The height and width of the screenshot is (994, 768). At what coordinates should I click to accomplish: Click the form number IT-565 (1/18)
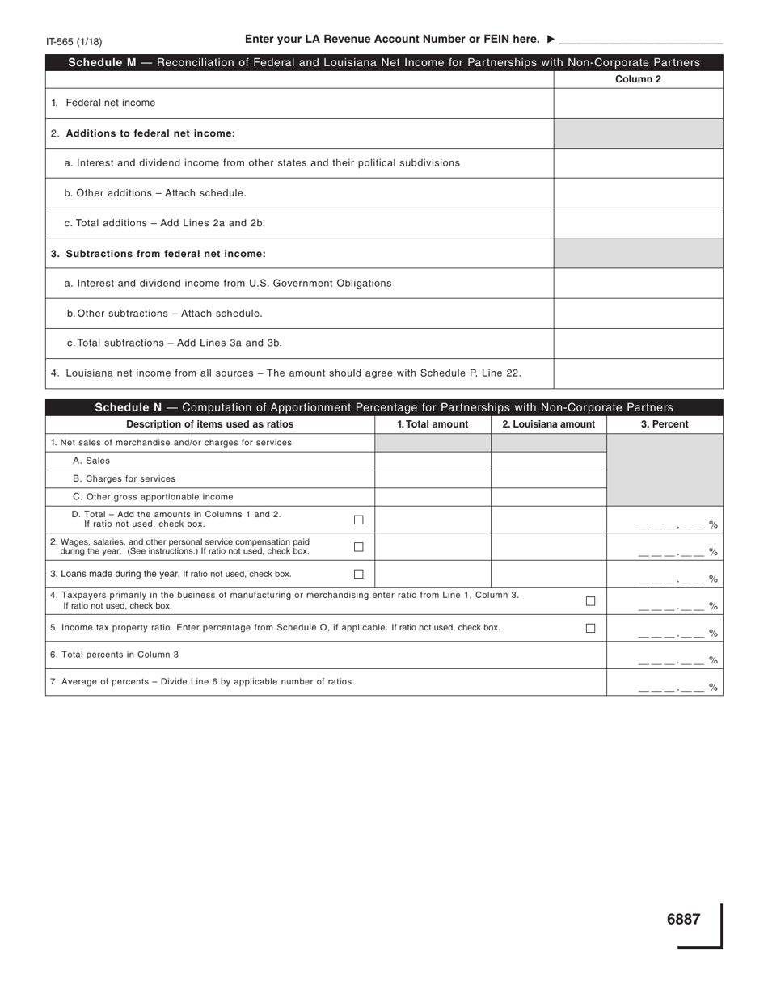(74, 41)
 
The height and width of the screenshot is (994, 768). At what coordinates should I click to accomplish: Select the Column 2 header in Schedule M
(638, 79)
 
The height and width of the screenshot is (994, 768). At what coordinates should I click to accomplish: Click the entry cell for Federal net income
(638, 103)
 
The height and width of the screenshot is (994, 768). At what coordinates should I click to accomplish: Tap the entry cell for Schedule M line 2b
(638, 193)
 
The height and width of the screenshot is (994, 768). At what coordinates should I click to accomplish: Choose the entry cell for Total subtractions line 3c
(638, 343)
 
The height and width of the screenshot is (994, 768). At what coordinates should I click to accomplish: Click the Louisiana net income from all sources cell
(638, 373)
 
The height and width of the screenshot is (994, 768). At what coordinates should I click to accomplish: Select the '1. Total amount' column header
(433, 424)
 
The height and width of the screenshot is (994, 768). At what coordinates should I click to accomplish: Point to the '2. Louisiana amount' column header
(548, 424)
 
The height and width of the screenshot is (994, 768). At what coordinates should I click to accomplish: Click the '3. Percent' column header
(665, 424)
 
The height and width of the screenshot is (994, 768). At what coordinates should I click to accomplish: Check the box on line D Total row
(359, 520)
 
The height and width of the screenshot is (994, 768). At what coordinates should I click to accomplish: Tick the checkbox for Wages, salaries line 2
(359, 547)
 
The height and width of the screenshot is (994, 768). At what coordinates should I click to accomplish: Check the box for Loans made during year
(359, 574)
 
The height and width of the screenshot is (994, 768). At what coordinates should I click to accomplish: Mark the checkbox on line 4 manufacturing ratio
(590, 600)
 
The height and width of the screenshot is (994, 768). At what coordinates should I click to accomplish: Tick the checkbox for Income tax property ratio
(590, 628)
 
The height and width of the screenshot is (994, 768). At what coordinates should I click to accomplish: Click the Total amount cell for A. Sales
(433, 461)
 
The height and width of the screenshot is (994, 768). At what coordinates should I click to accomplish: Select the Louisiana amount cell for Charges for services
(548, 478)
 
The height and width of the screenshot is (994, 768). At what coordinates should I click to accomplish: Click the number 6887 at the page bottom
(683, 919)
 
